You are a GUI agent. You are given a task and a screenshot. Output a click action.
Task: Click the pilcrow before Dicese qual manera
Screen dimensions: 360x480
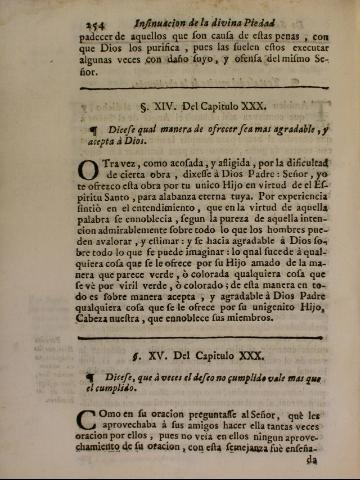tap(94, 128)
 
